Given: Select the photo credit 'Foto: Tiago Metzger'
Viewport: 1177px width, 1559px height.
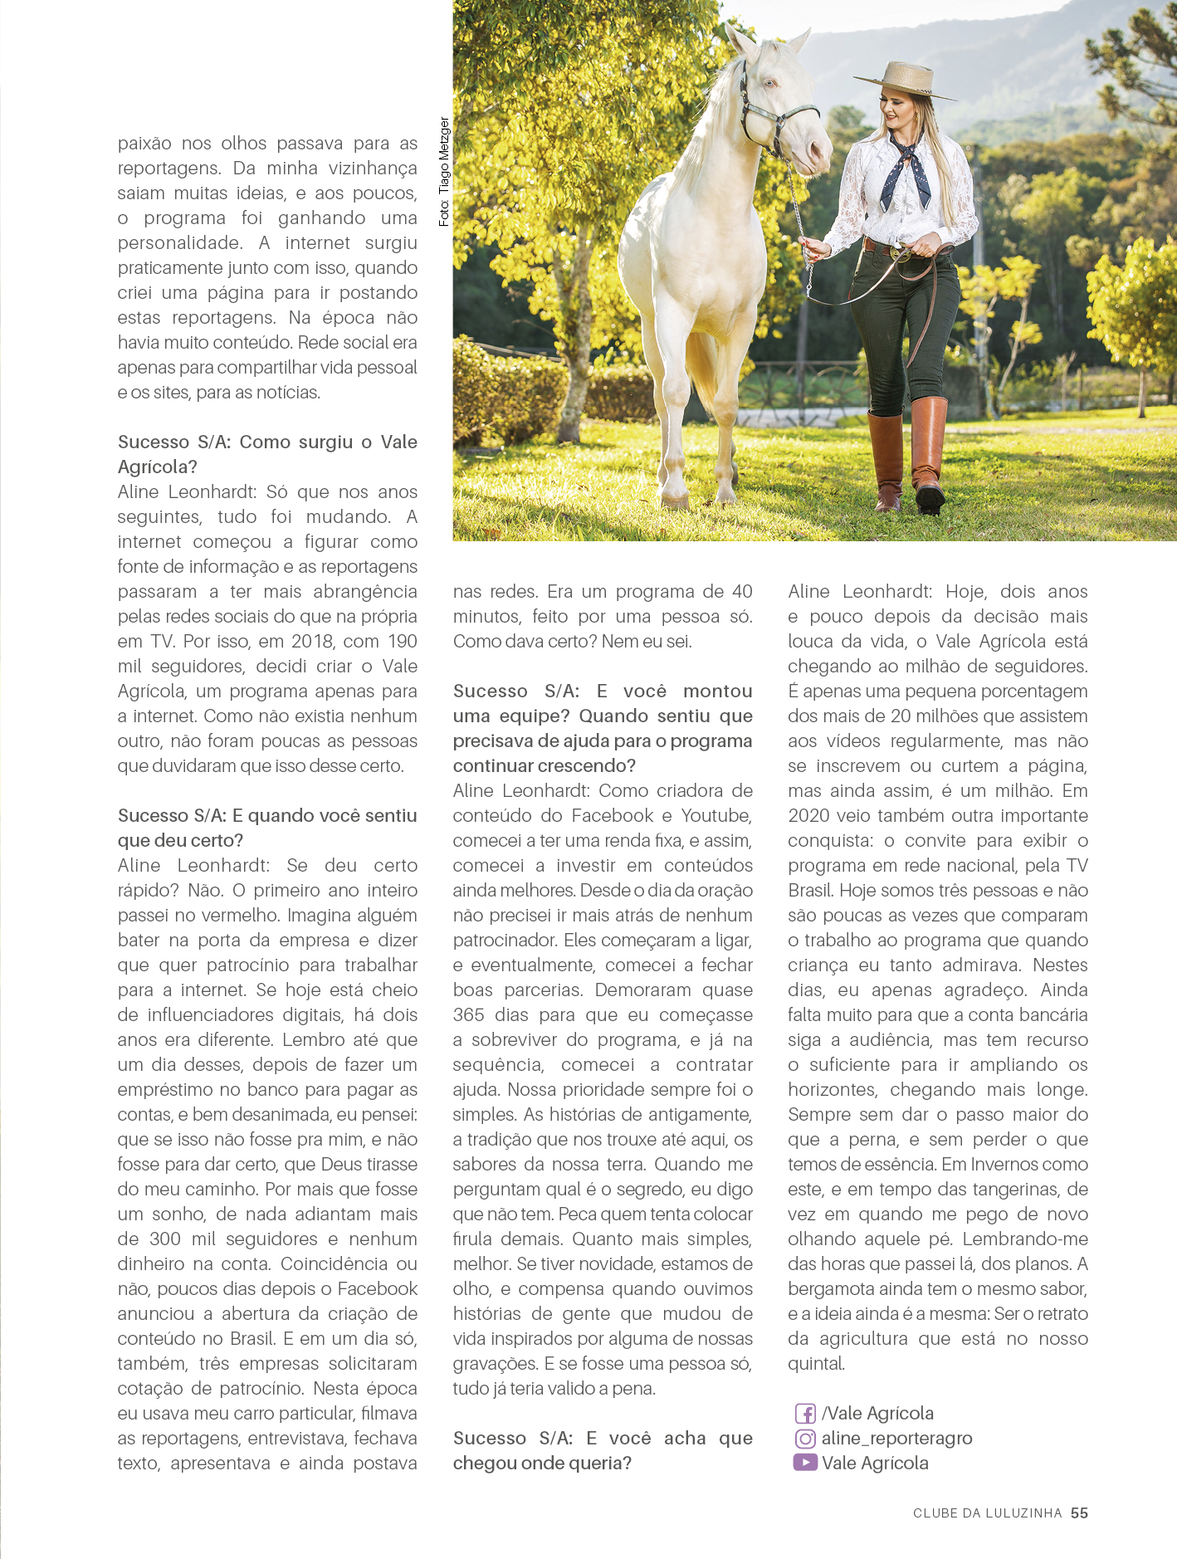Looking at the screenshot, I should (x=444, y=172).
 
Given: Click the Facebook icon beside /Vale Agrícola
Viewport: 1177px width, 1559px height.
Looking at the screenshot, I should (x=804, y=1414).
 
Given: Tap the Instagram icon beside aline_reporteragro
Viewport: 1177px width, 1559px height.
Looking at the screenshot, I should (x=804, y=1439).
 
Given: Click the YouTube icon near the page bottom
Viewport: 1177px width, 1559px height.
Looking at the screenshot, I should (x=804, y=1463).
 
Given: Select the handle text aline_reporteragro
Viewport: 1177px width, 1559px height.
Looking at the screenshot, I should (x=896, y=1439).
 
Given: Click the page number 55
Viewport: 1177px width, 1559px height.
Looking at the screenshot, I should (x=1079, y=1513).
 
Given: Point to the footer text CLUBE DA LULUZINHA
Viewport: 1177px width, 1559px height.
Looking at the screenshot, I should (x=987, y=1513).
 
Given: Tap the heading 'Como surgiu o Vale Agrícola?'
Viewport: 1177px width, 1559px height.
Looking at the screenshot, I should (x=266, y=454).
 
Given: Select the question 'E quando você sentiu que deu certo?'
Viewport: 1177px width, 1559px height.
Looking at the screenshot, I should (x=266, y=828).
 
